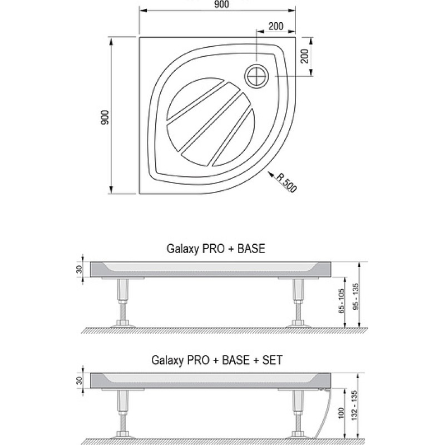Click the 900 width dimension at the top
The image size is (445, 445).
pyautogui.click(x=221, y=4)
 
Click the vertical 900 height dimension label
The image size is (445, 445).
pyautogui.click(x=105, y=117)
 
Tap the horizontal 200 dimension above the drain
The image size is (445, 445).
pyautogui.click(x=276, y=26)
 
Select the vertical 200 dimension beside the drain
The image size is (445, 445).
pyautogui.click(x=304, y=56)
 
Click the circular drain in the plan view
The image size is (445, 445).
pyautogui.click(x=257, y=76)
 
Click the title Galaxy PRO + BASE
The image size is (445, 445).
pyautogui.click(x=216, y=249)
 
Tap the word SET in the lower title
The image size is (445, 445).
pyautogui.click(x=273, y=360)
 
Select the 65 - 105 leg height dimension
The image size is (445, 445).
pyautogui.click(x=341, y=301)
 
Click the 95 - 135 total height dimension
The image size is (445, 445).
pyautogui.click(x=355, y=296)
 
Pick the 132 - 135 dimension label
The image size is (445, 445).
pyautogui.click(x=354, y=406)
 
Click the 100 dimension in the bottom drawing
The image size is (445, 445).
pyautogui.click(x=341, y=413)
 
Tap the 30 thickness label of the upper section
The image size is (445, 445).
pyautogui.click(x=79, y=269)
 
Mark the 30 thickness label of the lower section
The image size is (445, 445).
pyautogui.click(x=79, y=380)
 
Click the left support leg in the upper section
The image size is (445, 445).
pyautogui.click(x=123, y=303)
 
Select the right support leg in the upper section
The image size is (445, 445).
pyautogui.click(x=298, y=303)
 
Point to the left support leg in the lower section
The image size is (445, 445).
pyautogui.click(x=123, y=414)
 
